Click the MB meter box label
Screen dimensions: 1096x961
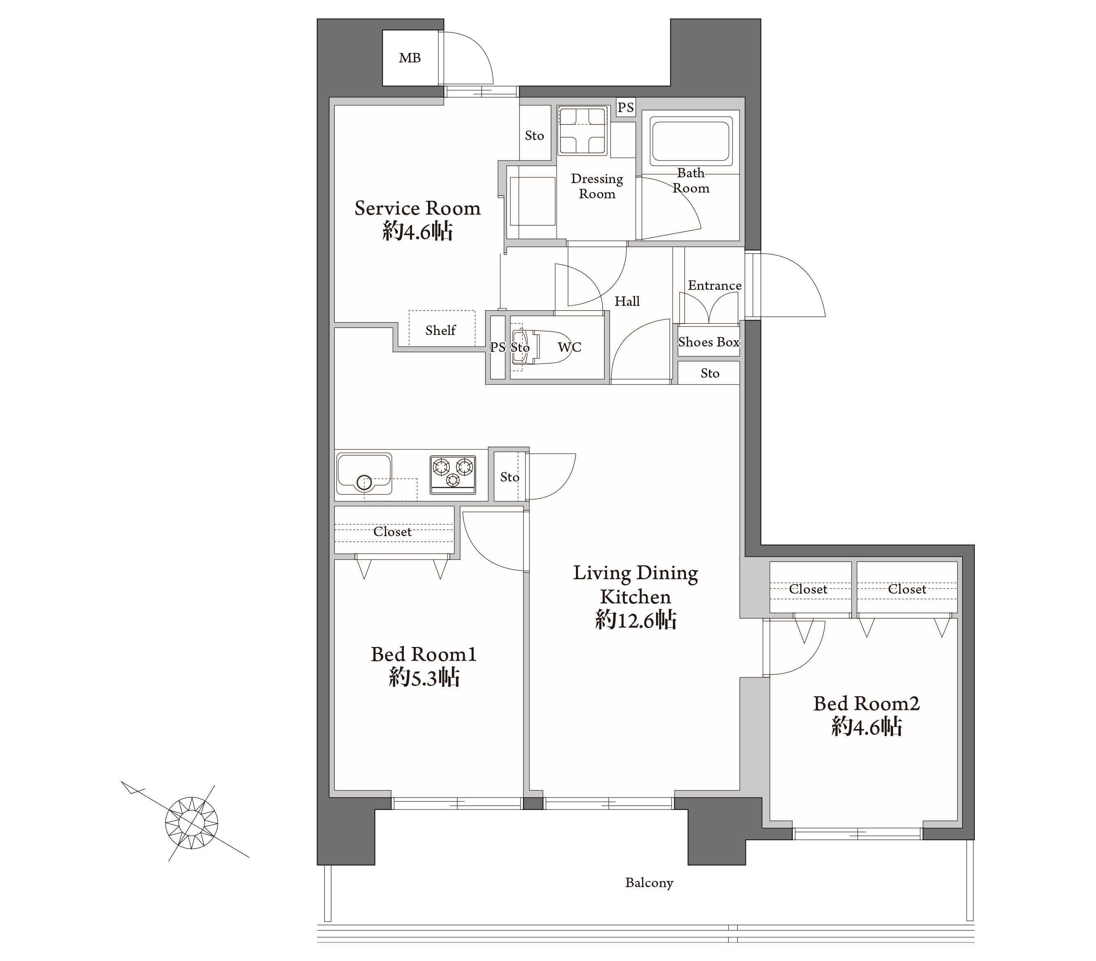(410, 58)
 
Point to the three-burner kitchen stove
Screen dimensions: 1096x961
(453, 474)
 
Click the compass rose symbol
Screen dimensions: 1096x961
(191, 822)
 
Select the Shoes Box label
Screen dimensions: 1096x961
(709, 342)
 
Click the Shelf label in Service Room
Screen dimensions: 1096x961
(440, 330)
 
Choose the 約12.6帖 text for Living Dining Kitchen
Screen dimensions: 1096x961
(635, 620)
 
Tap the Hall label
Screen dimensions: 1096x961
(627, 301)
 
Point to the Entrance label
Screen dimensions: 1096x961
(715, 285)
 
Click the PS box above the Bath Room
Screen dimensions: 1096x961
(626, 107)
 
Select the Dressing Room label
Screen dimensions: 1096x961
(597, 186)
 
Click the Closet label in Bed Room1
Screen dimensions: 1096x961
(392, 531)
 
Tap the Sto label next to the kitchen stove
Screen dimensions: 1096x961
(509, 477)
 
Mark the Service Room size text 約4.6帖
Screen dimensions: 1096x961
(418, 232)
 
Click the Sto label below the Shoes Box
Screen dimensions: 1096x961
(710, 373)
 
